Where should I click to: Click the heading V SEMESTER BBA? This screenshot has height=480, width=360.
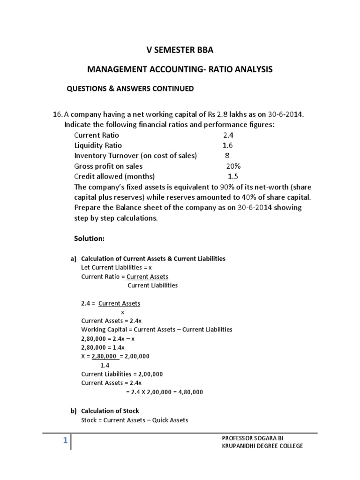(180, 51)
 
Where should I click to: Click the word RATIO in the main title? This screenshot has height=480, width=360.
(221, 70)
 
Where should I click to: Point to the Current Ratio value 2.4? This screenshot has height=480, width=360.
(229, 135)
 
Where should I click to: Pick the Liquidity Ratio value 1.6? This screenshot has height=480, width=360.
(228, 145)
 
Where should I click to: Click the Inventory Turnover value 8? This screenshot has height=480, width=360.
(227, 156)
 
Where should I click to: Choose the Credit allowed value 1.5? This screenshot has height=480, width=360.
(232, 177)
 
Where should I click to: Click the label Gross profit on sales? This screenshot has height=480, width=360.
(108, 166)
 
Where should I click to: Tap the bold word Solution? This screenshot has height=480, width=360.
(89, 238)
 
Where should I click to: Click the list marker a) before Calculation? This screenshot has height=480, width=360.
(73, 258)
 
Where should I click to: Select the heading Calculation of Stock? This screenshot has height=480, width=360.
(110, 411)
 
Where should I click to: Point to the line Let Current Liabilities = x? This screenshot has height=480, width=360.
(117, 267)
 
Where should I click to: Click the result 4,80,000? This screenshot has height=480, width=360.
(188, 392)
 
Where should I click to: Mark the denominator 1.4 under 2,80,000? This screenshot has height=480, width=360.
(105, 365)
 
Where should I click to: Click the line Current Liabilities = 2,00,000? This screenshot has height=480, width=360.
(122, 374)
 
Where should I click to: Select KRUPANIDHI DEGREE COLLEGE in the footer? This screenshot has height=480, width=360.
(262, 446)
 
